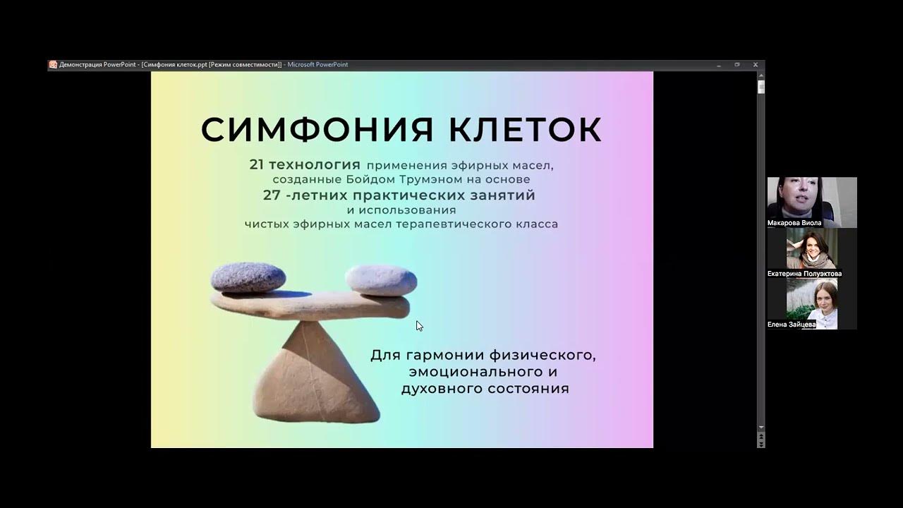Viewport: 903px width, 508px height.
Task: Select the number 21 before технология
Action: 257,164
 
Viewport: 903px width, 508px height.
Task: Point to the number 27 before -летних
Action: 272,195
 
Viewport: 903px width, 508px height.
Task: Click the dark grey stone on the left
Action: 248,277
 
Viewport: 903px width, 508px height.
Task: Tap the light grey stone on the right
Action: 381,279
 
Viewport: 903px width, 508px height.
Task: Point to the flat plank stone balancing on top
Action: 310,304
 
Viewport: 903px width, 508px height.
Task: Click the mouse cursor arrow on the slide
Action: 418,325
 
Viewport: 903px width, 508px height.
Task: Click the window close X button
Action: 756,65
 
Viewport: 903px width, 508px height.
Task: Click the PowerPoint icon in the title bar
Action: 53,65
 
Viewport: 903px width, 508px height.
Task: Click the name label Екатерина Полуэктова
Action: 804,274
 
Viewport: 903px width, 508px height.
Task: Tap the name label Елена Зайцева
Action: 792,325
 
